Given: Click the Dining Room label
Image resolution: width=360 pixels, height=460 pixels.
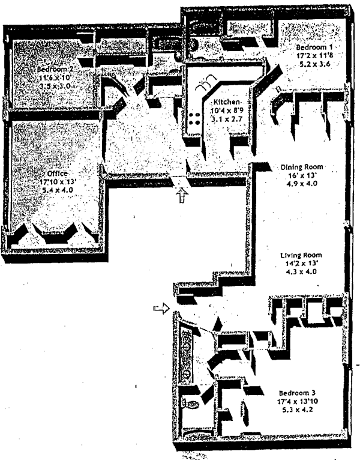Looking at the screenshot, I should pyautogui.click(x=302, y=167).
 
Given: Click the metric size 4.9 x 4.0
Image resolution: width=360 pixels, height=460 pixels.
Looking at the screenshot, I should pyautogui.click(x=302, y=185).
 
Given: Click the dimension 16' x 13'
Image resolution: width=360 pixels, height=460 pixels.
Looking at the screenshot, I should pyautogui.click(x=302, y=176).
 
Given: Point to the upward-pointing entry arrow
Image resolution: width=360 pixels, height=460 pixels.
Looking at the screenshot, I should pyautogui.click(x=182, y=196).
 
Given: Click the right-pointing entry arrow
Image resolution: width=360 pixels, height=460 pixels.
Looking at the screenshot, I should pyautogui.click(x=160, y=309).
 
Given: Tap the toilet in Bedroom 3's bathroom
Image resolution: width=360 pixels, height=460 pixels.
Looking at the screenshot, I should pyautogui.click(x=191, y=405).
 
